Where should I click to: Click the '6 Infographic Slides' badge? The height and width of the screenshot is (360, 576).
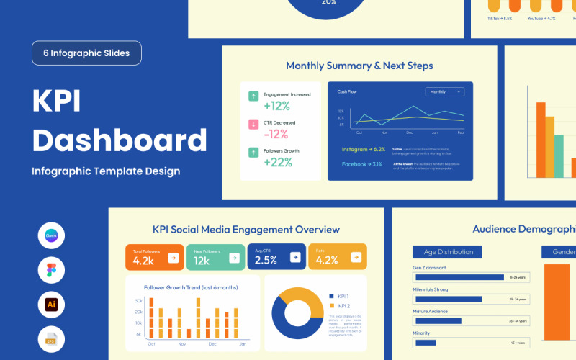click(86, 53)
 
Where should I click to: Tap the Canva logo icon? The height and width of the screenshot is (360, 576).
click(51, 235)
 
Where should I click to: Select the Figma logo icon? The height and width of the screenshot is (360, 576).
click(51, 270)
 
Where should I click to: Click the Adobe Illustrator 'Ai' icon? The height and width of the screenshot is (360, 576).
click(51, 305)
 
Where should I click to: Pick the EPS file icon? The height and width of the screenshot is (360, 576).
click(51, 338)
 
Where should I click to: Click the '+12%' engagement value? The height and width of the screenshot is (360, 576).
click(276, 105)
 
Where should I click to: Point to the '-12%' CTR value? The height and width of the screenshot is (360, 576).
click(276, 134)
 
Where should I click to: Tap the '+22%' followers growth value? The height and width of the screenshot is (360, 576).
click(277, 162)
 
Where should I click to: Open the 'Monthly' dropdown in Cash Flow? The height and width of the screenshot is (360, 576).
click(445, 92)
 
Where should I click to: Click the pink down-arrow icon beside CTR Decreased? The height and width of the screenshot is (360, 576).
click(253, 124)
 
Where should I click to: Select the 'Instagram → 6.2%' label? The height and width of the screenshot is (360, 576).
click(364, 150)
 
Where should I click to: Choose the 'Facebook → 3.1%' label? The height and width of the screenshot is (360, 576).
click(363, 165)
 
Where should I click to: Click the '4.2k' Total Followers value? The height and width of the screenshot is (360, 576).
click(143, 261)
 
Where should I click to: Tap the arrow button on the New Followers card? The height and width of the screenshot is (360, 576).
click(234, 256)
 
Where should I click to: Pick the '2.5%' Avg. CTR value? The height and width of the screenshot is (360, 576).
click(266, 261)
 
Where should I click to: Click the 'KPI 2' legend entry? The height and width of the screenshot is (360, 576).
click(338, 305)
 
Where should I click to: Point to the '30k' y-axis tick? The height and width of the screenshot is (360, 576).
click(138, 301)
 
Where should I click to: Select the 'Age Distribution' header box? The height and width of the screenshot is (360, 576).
click(448, 252)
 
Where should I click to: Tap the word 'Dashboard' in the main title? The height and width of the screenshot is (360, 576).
click(120, 140)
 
